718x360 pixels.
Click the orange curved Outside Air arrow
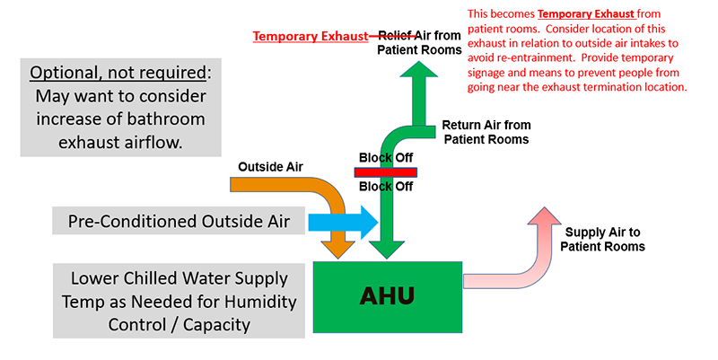[x=296, y=190]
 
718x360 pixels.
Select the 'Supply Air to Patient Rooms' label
[x=602, y=239]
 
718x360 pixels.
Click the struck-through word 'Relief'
[x=394, y=36]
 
